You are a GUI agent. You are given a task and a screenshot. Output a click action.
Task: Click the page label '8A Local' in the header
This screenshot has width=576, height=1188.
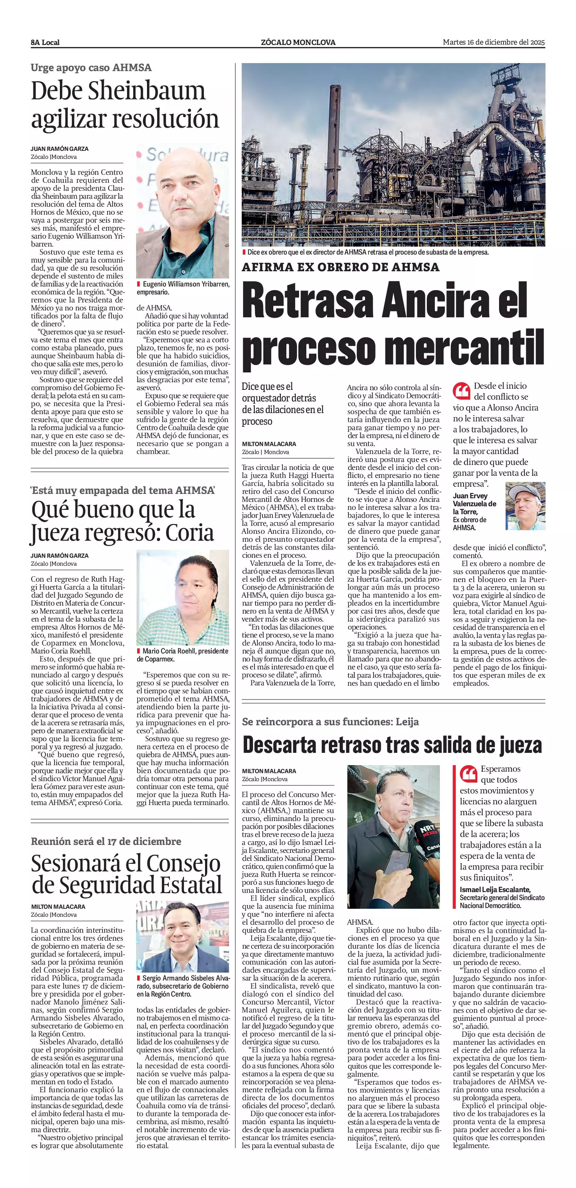(x=45, y=42)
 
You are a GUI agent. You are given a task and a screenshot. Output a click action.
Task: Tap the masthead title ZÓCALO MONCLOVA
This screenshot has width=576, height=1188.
(x=298, y=42)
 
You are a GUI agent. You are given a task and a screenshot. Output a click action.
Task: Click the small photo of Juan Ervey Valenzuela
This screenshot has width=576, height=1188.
(x=525, y=506)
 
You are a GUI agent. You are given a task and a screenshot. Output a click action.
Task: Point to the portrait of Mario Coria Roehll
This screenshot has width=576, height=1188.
(x=182, y=598)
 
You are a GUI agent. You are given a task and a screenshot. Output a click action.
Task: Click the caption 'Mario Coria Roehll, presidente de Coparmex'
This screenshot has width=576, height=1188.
(x=182, y=655)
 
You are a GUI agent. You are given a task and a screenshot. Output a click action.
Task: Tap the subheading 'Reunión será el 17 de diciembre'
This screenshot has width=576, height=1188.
(x=106, y=841)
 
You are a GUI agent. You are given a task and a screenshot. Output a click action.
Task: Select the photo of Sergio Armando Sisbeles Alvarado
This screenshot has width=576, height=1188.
(x=182, y=937)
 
